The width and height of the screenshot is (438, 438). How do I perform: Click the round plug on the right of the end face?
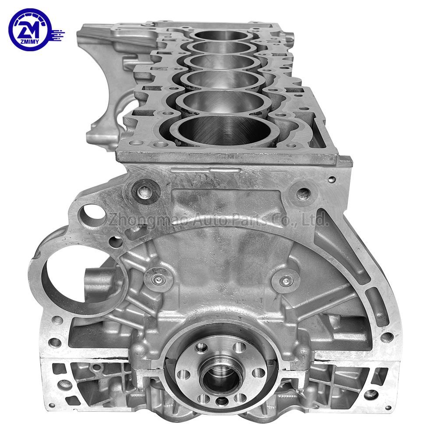tap(286, 280)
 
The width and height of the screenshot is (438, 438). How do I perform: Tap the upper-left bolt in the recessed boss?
tap(145, 192)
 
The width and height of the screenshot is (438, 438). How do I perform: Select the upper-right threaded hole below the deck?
tap(304, 193)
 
